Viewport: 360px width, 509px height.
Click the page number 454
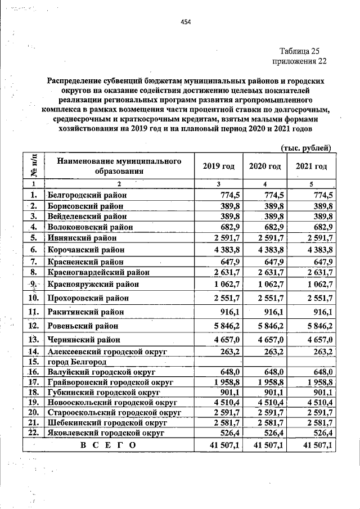(x=186, y=22)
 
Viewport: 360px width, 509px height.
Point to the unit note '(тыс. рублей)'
(x=306, y=147)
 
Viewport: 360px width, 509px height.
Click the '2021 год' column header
(x=311, y=166)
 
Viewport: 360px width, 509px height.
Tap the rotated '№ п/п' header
(x=33, y=166)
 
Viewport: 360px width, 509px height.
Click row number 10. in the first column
(x=33, y=297)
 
